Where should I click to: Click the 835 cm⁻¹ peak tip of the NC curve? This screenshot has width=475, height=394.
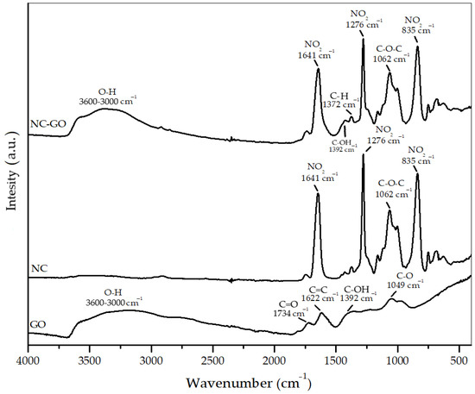(417, 175)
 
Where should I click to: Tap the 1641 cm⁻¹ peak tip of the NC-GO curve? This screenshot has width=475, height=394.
(318, 69)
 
